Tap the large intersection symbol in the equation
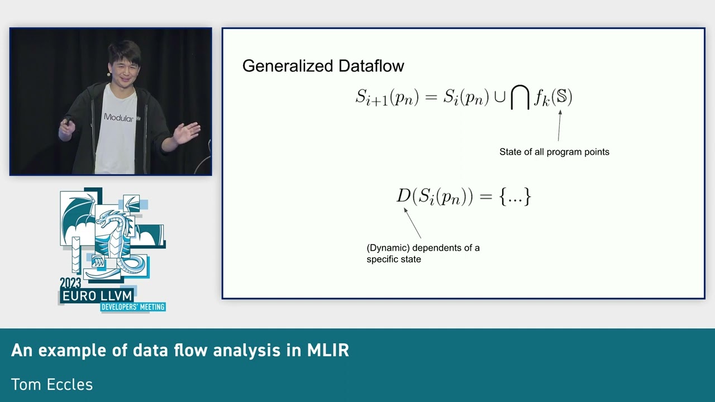coord(519,98)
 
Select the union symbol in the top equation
coord(499,98)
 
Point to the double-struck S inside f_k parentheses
coord(561,97)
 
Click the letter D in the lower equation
coord(403,196)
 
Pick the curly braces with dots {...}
coord(515,197)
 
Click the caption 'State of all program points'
coord(554,152)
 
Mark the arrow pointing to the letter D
coord(412,223)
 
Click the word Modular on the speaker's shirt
coord(119,117)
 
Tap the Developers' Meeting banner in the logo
coord(132,307)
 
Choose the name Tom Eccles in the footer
coord(52,385)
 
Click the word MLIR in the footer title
coord(328,350)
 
